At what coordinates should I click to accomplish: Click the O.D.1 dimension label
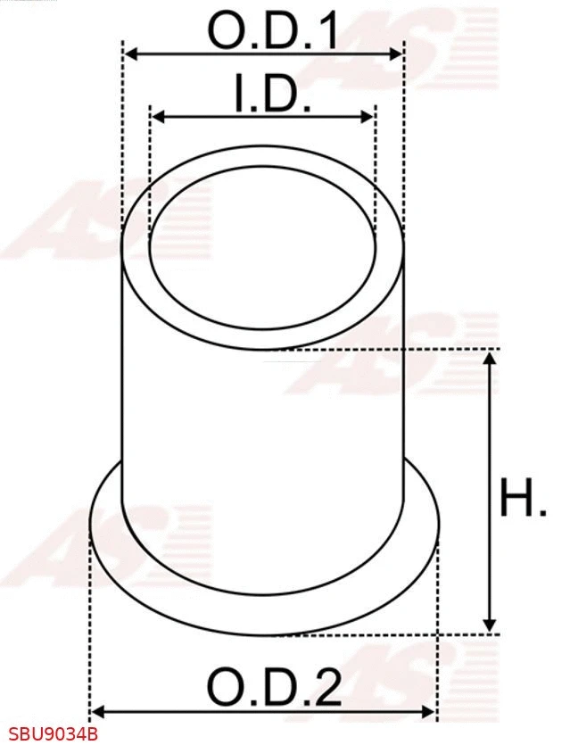coord(273,32)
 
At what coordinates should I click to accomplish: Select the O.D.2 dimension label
coord(273,687)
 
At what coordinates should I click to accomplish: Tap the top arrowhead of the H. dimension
coord(489,359)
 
